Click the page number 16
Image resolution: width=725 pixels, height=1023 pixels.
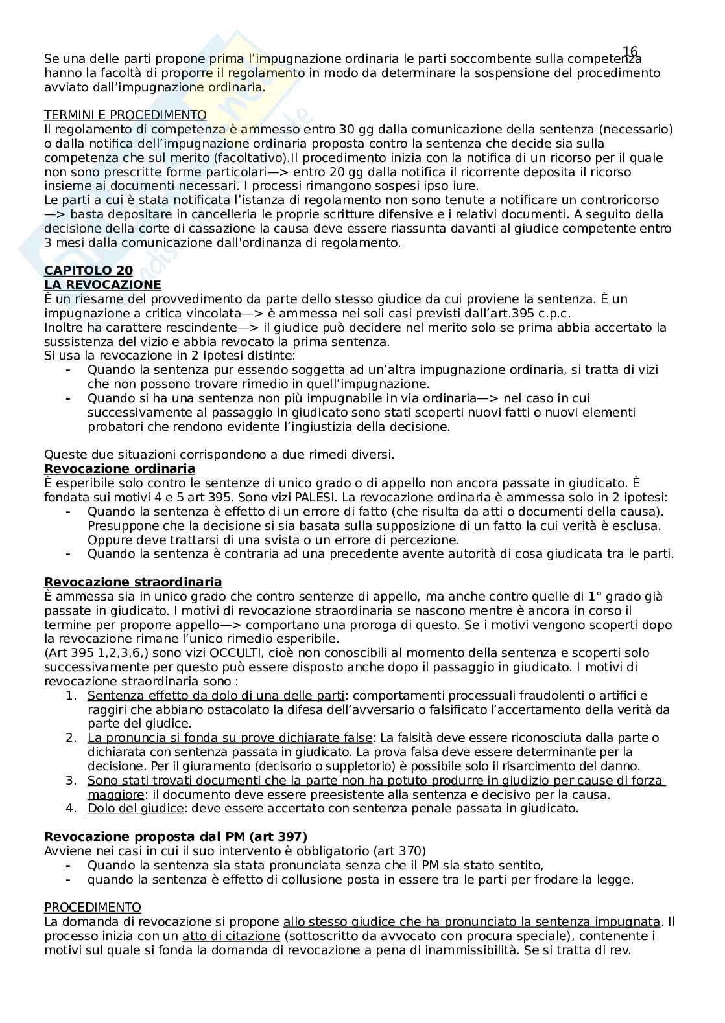[x=630, y=52]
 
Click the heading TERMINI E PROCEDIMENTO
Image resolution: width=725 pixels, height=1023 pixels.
[x=125, y=115]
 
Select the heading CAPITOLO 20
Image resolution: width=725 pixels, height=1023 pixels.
[x=88, y=271]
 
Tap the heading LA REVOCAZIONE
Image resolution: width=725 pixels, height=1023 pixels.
[x=102, y=284]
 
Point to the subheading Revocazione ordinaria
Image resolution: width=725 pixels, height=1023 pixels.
[x=119, y=468]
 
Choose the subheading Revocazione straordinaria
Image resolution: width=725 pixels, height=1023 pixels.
[x=133, y=582]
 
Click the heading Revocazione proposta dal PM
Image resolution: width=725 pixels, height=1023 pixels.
[x=175, y=836]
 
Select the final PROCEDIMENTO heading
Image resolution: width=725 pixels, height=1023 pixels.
[x=92, y=907]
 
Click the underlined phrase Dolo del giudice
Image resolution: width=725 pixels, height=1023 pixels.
[x=136, y=808]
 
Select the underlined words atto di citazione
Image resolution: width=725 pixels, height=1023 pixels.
[x=231, y=936]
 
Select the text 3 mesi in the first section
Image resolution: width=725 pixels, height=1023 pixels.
[x=61, y=243]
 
